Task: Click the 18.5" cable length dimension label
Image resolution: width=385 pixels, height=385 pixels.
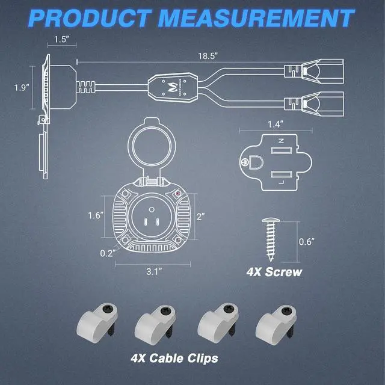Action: pyautogui.click(x=208, y=56)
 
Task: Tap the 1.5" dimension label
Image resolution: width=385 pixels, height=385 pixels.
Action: pyautogui.click(x=61, y=39)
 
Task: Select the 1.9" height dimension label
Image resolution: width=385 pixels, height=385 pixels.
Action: pyautogui.click(x=22, y=87)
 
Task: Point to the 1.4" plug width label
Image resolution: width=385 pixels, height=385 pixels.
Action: pyautogui.click(x=276, y=125)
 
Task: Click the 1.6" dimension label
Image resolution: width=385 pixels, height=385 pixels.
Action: pyautogui.click(x=96, y=215)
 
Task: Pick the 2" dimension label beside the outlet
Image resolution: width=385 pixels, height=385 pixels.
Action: pyautogui.click(x=201, y=217)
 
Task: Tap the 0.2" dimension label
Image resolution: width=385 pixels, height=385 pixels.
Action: pyautogui.click(x=108, y=253)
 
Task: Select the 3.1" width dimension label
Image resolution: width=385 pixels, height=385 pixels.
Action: pyautogui.click(x=154, y=271)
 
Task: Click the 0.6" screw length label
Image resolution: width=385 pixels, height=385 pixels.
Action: pyautogui.click(x=306, y=242)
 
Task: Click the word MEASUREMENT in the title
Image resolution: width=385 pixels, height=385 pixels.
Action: pyautogui.click(x=256, y=19)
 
